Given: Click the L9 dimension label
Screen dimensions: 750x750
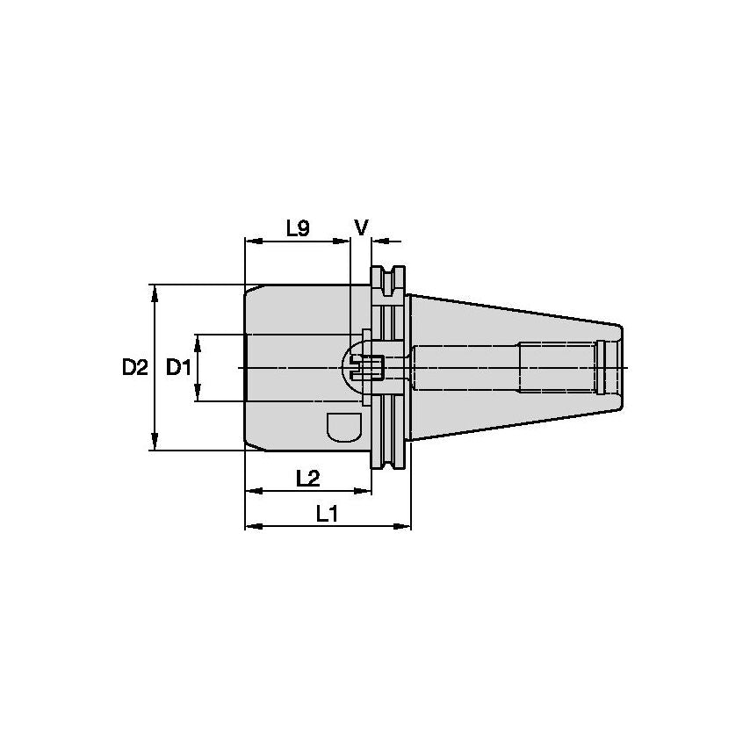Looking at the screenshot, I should pos(298,228).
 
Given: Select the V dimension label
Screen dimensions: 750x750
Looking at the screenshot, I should pos(361,227).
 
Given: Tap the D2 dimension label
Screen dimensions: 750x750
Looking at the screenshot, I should pos(134,368).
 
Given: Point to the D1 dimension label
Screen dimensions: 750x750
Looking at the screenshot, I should pos(178,368).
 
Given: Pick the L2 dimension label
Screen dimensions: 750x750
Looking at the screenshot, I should pos(307,478).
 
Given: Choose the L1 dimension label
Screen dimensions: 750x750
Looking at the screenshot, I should pos(327,514).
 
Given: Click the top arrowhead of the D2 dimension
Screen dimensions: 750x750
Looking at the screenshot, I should pos(155,291).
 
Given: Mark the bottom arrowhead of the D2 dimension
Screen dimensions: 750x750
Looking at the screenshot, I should pos(155,444).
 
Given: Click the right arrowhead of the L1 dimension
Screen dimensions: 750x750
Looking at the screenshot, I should pos(404,527).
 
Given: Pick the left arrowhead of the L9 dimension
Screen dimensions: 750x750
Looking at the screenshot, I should pos(250,240).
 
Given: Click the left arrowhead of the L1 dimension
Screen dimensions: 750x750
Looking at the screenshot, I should pos(250,527).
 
